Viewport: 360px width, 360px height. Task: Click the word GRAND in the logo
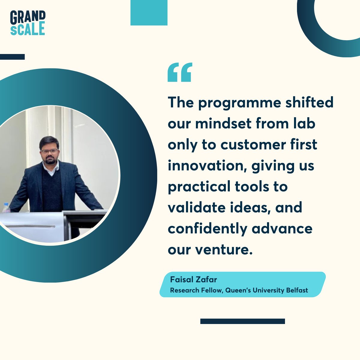[x=28, y=17]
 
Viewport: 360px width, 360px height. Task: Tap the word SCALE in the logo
[x=28, y=29]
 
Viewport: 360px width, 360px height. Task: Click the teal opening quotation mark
[x=179, y=72]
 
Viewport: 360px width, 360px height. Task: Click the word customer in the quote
[x=253, y=145]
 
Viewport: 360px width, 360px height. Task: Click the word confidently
[x=207, y=229]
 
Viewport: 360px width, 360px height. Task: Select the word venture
[x=222, y=250]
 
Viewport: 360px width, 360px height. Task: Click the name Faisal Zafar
[x=193, y=280]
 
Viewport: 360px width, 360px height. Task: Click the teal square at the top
[x=149, y=13]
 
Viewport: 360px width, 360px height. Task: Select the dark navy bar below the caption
[x=242, y=321]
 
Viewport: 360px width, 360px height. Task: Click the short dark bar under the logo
[x=12, y=57]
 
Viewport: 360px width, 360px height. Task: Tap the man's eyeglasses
[x=50, y=151]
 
